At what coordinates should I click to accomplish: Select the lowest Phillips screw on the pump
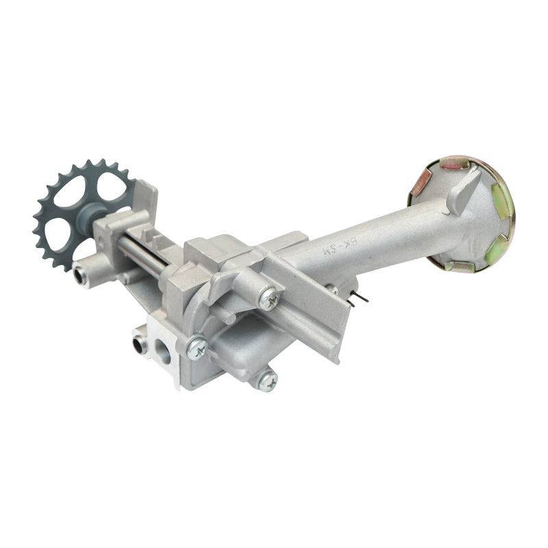(x=267, y=381)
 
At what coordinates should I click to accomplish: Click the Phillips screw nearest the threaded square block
(x=198, y=349)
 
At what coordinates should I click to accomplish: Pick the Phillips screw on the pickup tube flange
(x=269, y=298)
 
